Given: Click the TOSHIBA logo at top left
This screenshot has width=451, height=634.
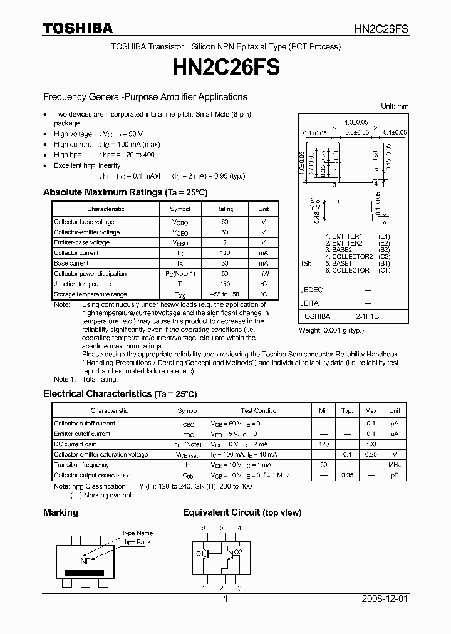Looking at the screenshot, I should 78,29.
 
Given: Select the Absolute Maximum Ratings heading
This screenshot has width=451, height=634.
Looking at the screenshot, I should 125,192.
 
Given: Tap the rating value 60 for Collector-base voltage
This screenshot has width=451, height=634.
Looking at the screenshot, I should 225,222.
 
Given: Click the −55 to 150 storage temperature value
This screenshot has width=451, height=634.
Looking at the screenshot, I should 225,294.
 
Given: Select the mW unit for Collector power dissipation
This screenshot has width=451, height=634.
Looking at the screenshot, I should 264,274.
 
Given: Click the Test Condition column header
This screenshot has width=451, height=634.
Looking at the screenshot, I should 260,411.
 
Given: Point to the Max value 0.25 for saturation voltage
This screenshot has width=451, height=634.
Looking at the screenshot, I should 371,454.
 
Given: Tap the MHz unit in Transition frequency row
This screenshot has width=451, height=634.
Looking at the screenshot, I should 394,465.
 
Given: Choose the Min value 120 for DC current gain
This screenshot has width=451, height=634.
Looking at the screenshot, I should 323,444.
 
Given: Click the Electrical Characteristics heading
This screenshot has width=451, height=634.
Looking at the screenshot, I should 120,394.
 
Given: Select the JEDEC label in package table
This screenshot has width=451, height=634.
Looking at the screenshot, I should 311,290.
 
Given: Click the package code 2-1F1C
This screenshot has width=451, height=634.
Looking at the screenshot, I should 368,317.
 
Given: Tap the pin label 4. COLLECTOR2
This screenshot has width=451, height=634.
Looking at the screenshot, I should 349,257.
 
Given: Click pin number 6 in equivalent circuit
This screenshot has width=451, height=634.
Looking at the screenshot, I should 202,528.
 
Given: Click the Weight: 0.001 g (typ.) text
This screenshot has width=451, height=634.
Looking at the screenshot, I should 331,330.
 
